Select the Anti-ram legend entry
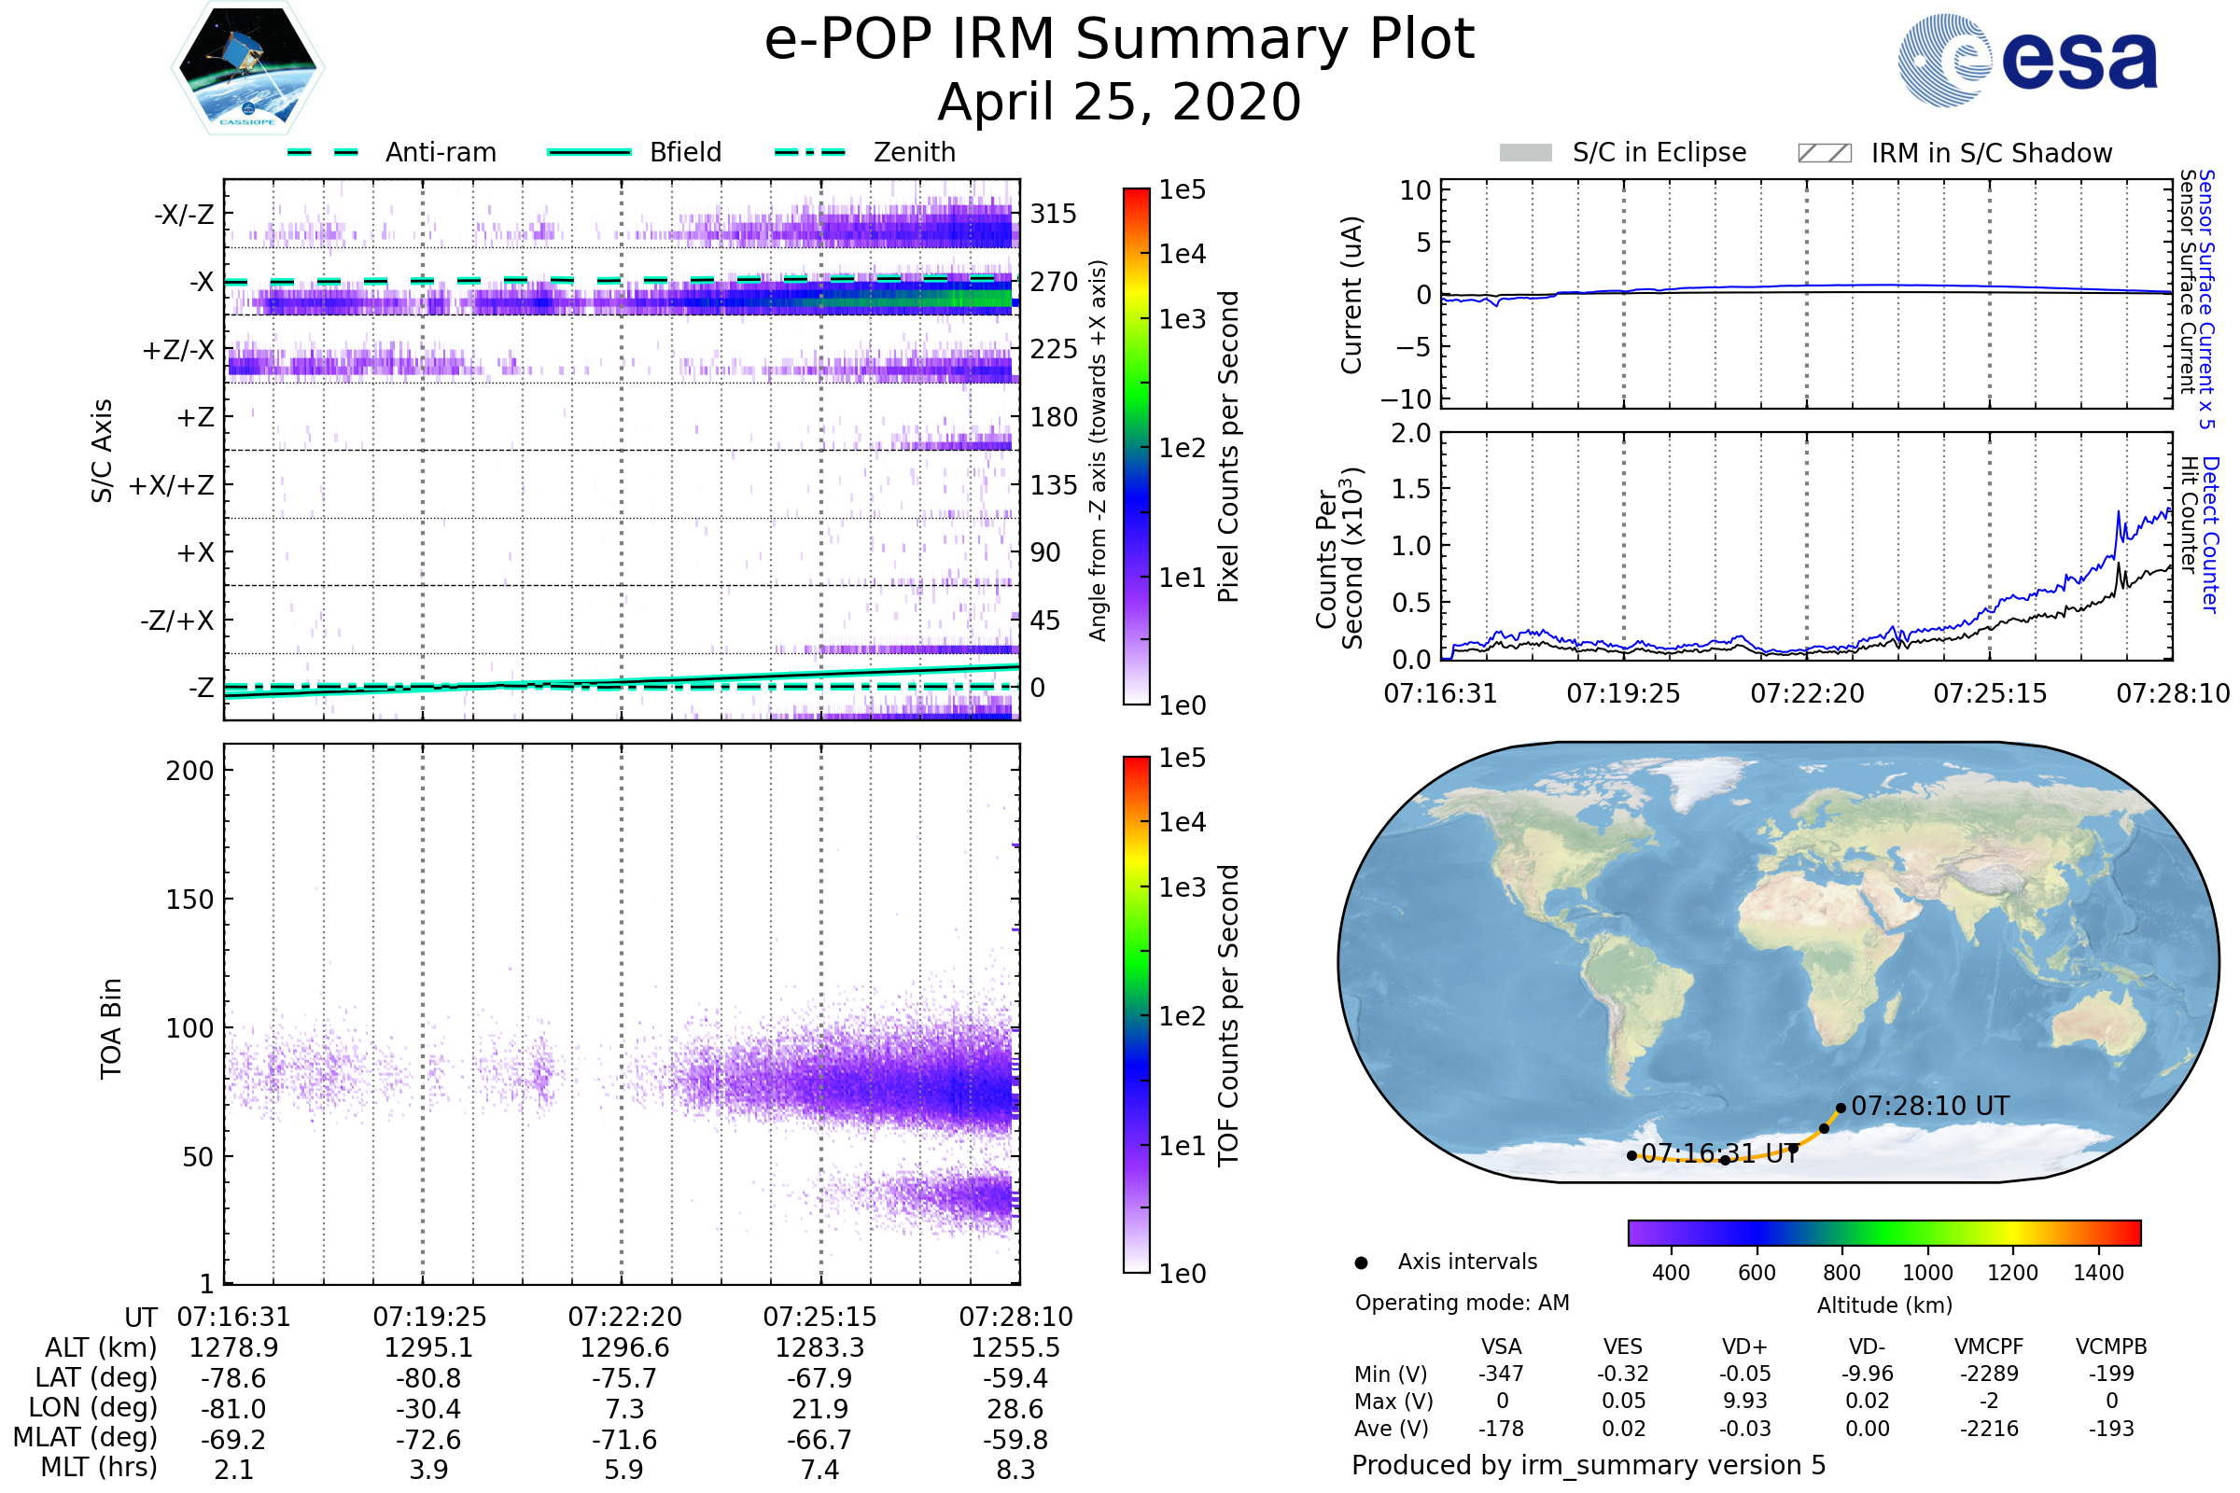coord(392,152)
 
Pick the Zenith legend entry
coord(865,152)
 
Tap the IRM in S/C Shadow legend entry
coord(1954,153)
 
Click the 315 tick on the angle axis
coord(1054,214)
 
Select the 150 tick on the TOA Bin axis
coord(189,900)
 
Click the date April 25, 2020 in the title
coord(1119,103)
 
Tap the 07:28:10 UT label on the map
coord(1929,1107)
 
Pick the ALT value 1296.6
coord(624,1347)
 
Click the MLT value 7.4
coord(819,1469)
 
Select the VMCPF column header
coord(1989,1346)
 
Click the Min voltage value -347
coord(1501,1374)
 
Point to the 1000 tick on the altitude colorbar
coord(1927,1273)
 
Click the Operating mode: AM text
coord(1462,1303)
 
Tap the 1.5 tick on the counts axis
coord(1410,489)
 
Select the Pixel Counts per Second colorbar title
coord(1228,447)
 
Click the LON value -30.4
coord(428,1408)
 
